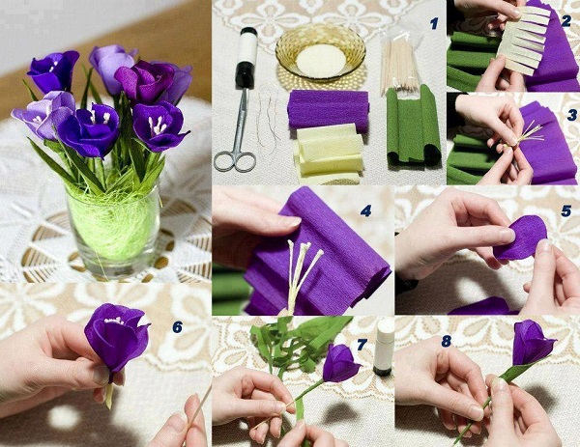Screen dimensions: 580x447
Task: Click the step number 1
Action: point(434,23)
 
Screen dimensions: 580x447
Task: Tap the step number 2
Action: point(565,21)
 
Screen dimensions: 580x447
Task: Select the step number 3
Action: point(572,115)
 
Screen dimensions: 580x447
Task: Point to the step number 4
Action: point(365,210)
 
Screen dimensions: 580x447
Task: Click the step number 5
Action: point(565,210)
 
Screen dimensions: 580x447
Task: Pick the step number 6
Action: point(178,326)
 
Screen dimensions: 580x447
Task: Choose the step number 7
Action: point(362,345)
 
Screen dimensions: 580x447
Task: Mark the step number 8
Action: point(446,341)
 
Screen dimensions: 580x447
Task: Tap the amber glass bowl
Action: point(320,52)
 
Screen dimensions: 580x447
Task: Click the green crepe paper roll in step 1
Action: point(413,126)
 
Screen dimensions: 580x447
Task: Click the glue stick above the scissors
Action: point(246,58)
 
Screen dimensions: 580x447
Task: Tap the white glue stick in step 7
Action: point(384,347)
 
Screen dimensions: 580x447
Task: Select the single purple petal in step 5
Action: point(521,237)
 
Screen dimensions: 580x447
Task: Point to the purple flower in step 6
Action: point(116,337)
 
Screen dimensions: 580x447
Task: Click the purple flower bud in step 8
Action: point(531,342)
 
